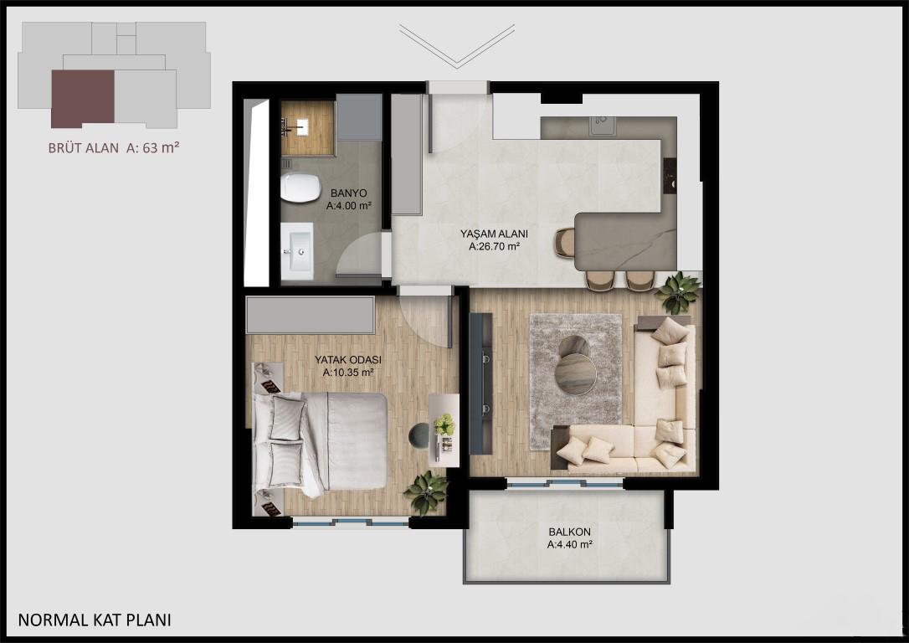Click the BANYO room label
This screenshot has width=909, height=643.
point(348,193)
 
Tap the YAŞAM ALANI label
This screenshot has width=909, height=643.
point(494,234)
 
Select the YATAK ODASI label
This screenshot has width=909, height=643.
point(348,359)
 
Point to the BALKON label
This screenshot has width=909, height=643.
point(570,532)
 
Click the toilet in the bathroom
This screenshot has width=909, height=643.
point(300,188)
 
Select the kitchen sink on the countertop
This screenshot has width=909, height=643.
point(603,126)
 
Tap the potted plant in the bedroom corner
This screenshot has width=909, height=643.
point(427,492)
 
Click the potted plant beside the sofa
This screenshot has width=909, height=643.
point(678,292)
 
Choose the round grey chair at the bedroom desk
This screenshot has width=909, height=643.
point(419,435)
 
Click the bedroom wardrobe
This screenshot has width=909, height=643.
point(311,315)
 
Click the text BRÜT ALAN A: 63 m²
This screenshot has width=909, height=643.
point(114,148)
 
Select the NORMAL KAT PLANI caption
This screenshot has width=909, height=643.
point(95,620)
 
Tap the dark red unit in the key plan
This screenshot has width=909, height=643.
point(82,99)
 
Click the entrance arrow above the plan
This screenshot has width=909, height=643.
point(457,46)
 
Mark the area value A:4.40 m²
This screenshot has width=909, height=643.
point(570,544)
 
